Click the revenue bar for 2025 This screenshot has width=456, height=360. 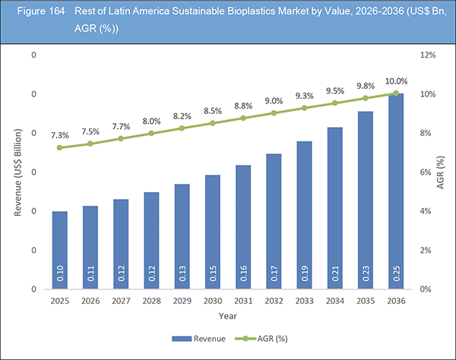[60, 250]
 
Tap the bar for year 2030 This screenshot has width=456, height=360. [213, 232]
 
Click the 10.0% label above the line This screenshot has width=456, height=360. [396, 81]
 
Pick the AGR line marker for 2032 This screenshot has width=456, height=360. [274, 113]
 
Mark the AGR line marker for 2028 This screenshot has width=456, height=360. [151, 133]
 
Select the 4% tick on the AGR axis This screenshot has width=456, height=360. [428, 211]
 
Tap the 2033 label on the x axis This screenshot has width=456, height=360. [304, 301]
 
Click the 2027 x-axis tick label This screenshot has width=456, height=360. [121, 301]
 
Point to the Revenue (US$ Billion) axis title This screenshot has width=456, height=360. [18, 172]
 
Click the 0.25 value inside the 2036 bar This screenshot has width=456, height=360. [395, 274]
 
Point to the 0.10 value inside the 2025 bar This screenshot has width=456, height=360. [60, 274]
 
